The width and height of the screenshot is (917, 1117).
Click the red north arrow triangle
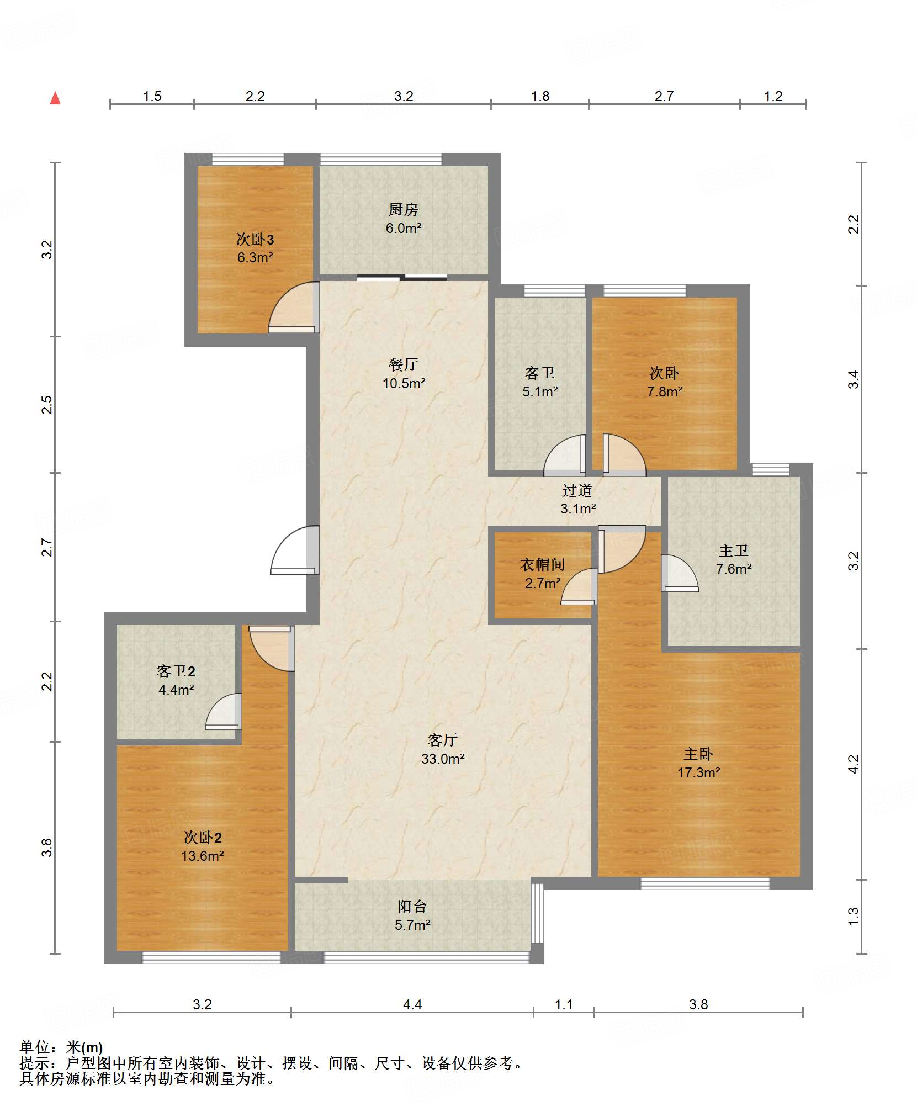point(55,98)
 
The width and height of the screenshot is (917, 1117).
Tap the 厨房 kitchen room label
point(404,210)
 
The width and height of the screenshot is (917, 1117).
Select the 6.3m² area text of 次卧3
point(255,257)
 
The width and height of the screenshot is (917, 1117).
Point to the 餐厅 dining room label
point(404,364)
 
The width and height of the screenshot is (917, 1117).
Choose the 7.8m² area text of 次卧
point(665,391)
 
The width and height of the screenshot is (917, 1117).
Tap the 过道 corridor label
point(577,490)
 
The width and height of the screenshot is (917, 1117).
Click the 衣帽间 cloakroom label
point(543,564)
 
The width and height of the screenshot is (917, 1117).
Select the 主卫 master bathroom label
point(734,550)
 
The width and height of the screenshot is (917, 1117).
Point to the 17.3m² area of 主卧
point(699,772)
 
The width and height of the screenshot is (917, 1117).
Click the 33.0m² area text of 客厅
point(443,759)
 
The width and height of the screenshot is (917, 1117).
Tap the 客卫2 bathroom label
point(176,671)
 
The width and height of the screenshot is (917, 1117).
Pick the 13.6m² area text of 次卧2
point(203,856)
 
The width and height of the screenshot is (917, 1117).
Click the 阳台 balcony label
point(412,906)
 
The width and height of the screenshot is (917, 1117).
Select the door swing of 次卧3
point(293,307)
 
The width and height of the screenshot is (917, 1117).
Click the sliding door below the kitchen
point(402,277)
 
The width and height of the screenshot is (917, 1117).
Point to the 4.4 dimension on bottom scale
point(412,1004)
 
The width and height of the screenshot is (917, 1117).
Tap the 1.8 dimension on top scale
point(540,97)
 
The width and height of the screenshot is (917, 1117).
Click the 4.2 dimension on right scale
point(854,764)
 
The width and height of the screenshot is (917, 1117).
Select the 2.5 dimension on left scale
point(47,405)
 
